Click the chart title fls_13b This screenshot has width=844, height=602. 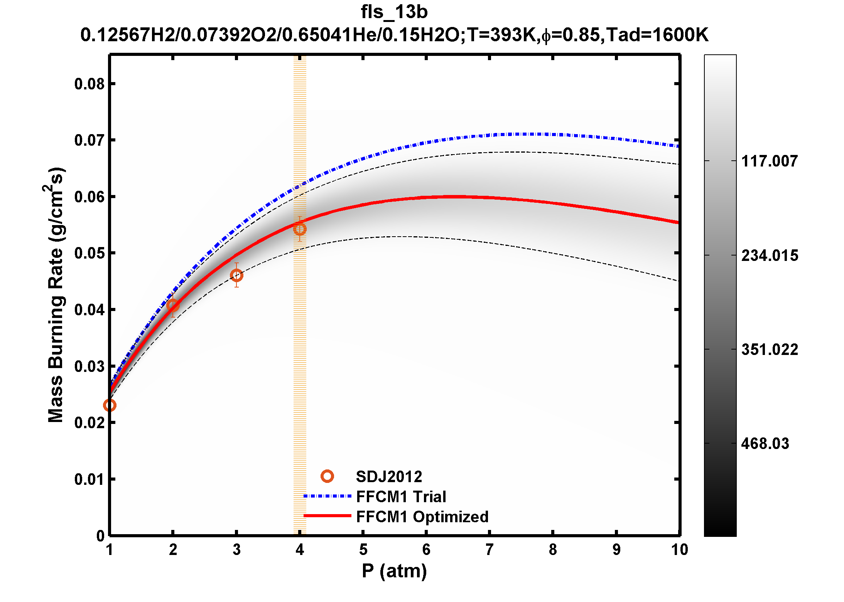(394, 12)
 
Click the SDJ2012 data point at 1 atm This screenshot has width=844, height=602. (110, 405)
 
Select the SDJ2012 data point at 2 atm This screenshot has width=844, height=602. (173, 306)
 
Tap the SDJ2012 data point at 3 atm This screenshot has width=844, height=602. (236, 275)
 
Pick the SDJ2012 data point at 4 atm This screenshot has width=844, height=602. (300, 229)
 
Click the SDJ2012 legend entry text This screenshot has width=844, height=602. (389, 477)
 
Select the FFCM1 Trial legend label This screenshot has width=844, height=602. (401, 497)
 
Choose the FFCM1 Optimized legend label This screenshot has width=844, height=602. (422, 517)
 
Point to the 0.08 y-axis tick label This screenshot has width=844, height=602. (89, 84)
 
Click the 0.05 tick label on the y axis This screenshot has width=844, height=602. (89, 254)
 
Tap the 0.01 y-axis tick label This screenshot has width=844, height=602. (89, 479)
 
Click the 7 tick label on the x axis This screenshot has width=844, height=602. (490, 550)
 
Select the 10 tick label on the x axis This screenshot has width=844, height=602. (679, 550)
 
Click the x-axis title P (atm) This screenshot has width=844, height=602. (394, 571)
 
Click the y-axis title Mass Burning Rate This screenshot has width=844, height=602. (56, 295)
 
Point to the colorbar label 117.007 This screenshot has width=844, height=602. (769, 161)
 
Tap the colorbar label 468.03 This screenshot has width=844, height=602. (765, 444)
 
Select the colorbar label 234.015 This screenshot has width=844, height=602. (769, 256)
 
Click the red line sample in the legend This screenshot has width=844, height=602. (327, 516)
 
